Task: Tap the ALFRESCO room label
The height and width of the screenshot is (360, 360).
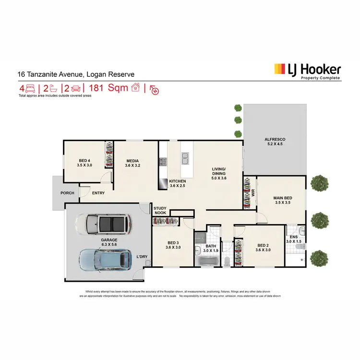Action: point(275,140)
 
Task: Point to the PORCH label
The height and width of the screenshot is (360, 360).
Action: point(67,193)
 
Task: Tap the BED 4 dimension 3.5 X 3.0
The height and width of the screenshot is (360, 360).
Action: point(84,165)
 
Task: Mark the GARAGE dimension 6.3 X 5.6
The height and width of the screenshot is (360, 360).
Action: point(109,244)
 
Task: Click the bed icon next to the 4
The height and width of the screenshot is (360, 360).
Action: point(30,88)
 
